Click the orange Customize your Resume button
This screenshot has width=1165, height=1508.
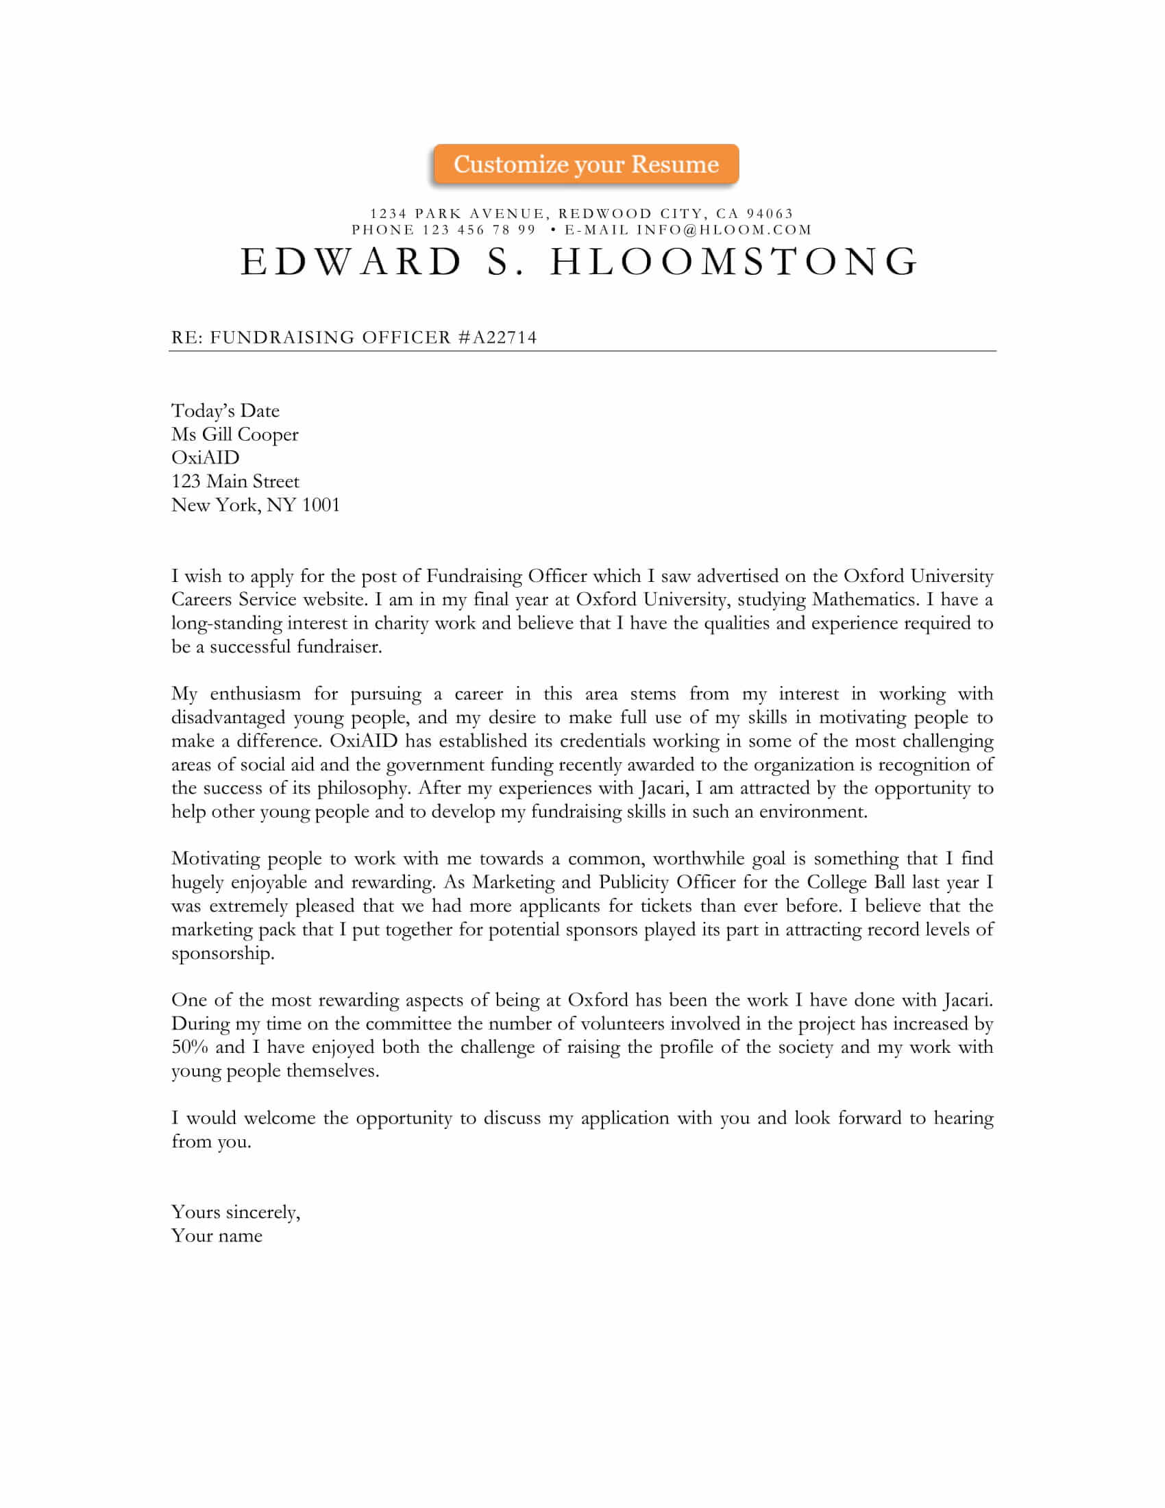(585, 165)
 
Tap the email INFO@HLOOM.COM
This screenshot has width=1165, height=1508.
(724, 230)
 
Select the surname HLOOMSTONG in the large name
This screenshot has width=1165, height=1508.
(734, 263)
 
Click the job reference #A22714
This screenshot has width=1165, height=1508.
(497, 338)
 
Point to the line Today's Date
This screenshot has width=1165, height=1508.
(225, 411)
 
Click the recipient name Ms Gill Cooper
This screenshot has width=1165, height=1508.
(234, 435)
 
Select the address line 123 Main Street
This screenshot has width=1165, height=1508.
(234, 481)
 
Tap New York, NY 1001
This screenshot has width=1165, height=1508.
(256, 504)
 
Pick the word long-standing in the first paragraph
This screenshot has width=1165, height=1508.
(226, 624)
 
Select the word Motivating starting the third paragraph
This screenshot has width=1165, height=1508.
(214, 858)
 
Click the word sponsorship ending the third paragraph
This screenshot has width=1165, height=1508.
(222, 953)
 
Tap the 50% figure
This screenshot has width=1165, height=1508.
(189, 1047)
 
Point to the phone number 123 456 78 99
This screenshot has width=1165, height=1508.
(479, 230)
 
